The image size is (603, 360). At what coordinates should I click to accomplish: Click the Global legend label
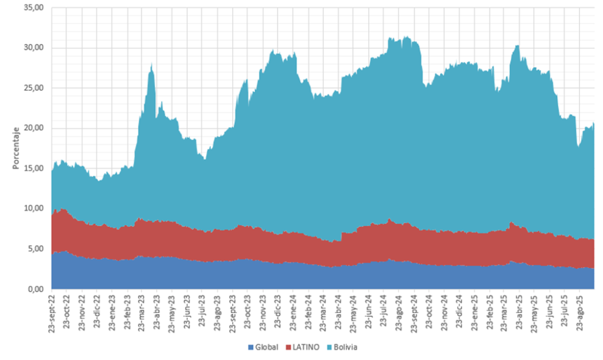click(266, 347)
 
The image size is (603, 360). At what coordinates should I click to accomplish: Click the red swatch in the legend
click(288, 347)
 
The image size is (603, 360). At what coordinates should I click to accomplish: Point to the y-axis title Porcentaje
click(16, 148)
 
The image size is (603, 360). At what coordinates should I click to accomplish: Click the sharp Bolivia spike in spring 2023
click(152, 68)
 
